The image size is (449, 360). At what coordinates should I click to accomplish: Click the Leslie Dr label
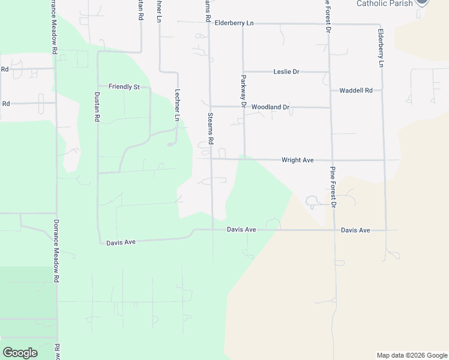pos(286,72)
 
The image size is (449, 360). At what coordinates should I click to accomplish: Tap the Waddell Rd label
pos(356,91)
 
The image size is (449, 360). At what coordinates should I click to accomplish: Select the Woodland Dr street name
pos(270,107)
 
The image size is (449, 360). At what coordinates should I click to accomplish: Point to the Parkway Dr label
pos(244,91)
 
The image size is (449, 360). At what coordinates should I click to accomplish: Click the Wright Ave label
pos(298,160)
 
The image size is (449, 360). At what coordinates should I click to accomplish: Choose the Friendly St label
pos(124,87)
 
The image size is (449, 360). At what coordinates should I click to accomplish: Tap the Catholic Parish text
pos(384,4)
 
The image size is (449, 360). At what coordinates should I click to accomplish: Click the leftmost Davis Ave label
pos(121,242)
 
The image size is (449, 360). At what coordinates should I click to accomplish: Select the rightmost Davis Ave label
pos(355,230)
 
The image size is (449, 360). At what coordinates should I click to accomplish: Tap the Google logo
pos(20,352)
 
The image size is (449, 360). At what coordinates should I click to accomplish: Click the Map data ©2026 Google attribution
pos(412,355)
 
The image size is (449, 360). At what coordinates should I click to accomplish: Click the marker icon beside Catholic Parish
pos(423,2)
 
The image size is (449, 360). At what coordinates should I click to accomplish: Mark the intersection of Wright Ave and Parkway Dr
pos(244,160)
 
